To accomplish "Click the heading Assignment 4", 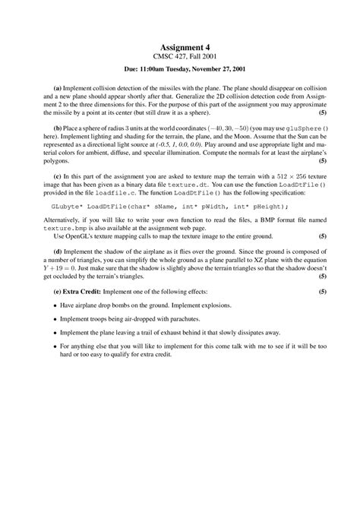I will (179, 47).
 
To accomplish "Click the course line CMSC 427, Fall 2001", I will (179, 57).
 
